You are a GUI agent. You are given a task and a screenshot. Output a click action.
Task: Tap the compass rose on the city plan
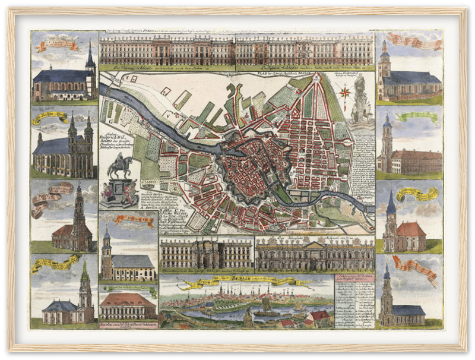[344, 91]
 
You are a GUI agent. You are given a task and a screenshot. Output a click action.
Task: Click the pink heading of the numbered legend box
[354, 280]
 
